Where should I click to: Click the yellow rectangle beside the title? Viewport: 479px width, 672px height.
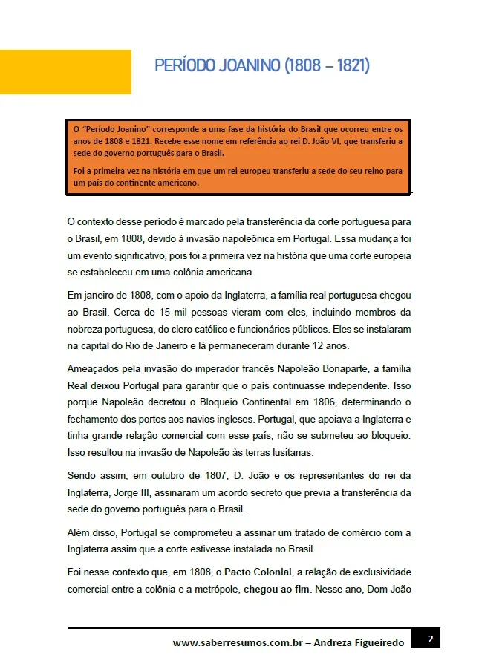pyautogui.click(x=65, y=72)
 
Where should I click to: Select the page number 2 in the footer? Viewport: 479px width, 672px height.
pyautogui.click(x=431, y=639)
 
